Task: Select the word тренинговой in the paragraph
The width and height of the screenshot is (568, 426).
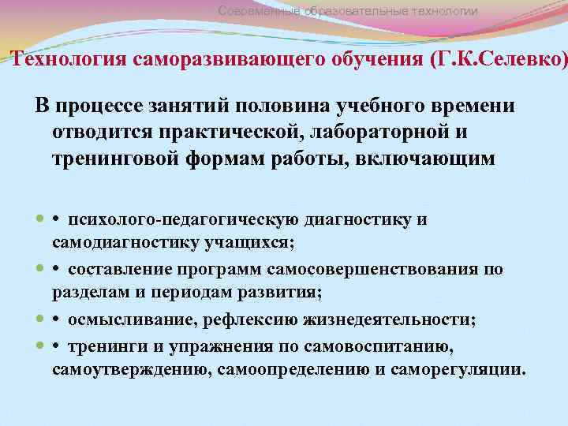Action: (116, 158)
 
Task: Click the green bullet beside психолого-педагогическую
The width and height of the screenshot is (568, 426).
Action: (40, 219)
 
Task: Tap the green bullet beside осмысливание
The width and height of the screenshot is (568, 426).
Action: (40, 319)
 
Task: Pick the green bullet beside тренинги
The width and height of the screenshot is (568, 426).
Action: (40, 345)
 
